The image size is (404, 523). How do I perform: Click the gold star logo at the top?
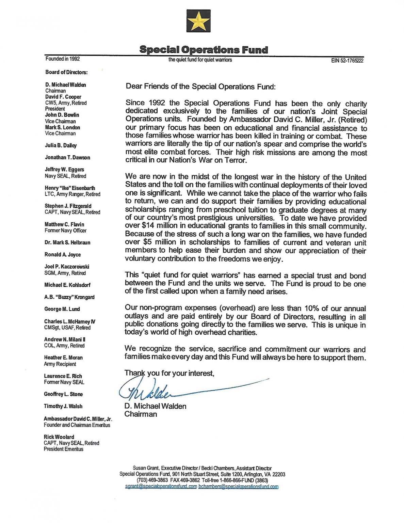[x=198, y=21]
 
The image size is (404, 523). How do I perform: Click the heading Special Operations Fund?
[x=204, y=50]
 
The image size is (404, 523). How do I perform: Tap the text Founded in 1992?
[x=63, y=59]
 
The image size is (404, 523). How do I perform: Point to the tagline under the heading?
[x=200, y=60]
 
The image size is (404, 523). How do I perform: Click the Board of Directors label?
[x=66, y=72]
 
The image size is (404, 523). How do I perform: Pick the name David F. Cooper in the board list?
[x=63, y=97]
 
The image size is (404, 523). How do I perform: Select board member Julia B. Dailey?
[x=61, y=145]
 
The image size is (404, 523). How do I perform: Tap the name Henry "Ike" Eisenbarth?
[x=70, y=188]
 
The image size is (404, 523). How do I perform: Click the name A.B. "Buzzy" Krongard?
[x=69, y=297]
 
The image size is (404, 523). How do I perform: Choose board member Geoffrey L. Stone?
[x=63, y=394]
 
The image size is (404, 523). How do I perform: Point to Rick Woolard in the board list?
[x=59, y=437]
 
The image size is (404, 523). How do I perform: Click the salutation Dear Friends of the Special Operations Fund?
[x=200, y=86]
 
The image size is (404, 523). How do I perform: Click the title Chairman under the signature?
[x=141, y=414]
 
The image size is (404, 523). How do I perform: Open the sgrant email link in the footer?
[x=161, y=487]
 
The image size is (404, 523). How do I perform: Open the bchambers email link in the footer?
[x=238, y=487]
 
